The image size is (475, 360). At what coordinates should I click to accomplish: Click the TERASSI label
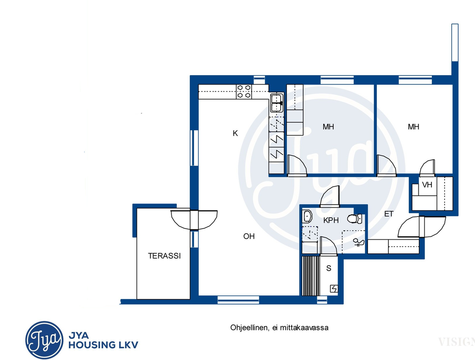(x=164, y=256)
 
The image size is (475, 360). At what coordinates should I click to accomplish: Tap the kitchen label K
(x=235, y=133)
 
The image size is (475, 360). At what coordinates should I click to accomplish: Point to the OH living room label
(x=249, y=236)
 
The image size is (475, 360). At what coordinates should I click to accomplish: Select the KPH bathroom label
(x=331, y=220)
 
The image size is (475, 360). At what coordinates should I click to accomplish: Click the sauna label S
(x=329, y=268)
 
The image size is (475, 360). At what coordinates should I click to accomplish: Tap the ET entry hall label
(x=389, y=214)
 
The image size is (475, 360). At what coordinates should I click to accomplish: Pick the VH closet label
(x=427, y=184)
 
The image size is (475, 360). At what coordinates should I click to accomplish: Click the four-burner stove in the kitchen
(x=244, y=91)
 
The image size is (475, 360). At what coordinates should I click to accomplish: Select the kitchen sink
(x=277, y=103)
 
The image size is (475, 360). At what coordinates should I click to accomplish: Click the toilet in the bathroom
(x=354, y=219)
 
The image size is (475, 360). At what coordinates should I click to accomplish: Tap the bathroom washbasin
(x=308, y=216)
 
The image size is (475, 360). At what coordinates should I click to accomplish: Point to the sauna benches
(x=311, y=276)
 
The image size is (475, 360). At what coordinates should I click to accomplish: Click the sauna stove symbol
(x=334, y=289)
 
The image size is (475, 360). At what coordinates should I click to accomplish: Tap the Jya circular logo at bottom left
(x=44, y=340)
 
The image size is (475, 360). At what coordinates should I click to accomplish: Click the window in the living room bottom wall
(x=238, y=300)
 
